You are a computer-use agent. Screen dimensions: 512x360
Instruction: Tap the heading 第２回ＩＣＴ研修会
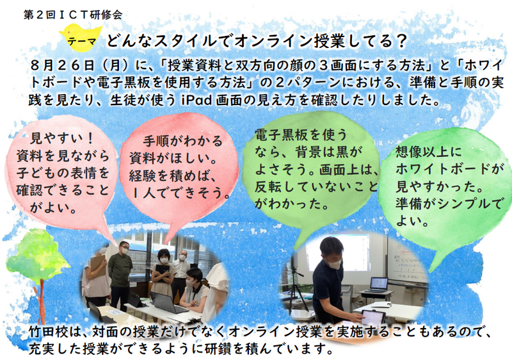coord(73,15)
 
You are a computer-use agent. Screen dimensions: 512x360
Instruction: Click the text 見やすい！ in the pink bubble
coord(61,139)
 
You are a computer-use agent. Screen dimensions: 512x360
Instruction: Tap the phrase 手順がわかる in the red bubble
coord(183,141)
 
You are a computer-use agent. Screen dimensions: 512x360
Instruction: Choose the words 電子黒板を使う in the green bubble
coord(301,135)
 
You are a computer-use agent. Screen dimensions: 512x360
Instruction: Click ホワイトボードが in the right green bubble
coord(448,169)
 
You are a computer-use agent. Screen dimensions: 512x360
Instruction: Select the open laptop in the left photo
coord(166,303)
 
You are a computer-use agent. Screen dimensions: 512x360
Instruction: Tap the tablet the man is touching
coord(373,318)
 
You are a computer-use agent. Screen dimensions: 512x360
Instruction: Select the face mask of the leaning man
coord(334,264)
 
